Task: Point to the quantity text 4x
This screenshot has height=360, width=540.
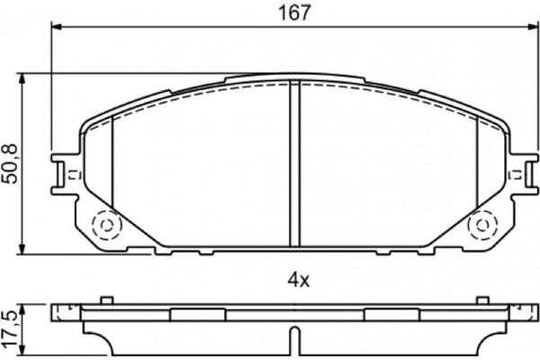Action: click(x=298, y=281)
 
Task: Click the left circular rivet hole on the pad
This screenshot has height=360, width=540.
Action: click(x=105, y=223)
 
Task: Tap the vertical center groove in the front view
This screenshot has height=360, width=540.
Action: click(x=294, y=162)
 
